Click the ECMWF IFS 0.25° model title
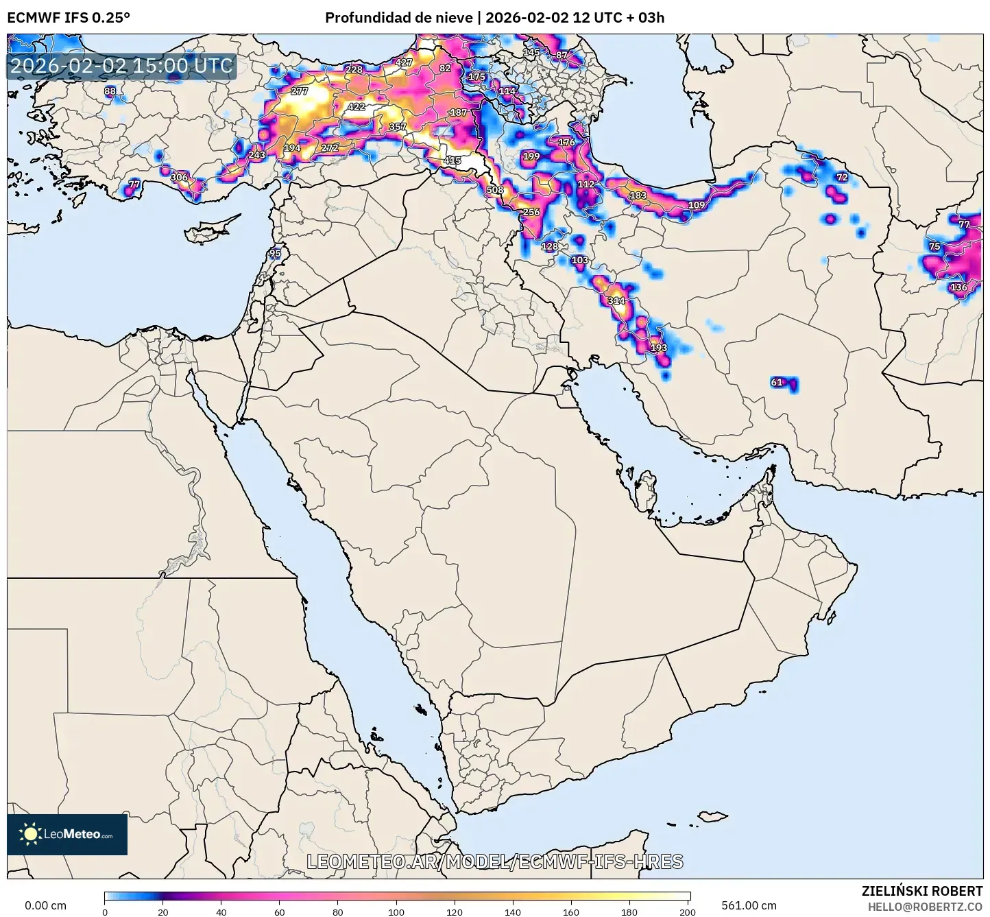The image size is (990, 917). coord(69,18)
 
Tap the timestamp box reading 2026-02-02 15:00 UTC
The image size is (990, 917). coord(121,66)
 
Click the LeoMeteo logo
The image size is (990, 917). coord(67,834)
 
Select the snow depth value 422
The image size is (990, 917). coord(357,107)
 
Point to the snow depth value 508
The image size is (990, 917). coord(494,190)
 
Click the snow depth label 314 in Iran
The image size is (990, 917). coord(616,301)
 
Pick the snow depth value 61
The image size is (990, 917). coord(777,383)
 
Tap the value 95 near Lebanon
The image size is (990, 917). coord(275,254)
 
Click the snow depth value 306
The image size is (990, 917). coord(179,178)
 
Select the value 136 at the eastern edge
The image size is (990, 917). coord(958,287)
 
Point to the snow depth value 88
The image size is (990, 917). coord(110,91)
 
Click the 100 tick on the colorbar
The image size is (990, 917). coord(396,912)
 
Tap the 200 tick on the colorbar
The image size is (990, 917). coord(688,912)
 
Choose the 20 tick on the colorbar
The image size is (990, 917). coord(162,912)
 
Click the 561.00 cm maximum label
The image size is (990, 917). coord(749,905)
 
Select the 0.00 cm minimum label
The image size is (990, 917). coord(45,905)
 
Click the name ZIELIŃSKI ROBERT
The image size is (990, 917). coord(922,891)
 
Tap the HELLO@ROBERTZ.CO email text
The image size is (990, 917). coord(925,907)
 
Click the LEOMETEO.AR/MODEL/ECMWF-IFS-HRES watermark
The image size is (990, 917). coord(494,861)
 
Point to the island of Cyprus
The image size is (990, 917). coord(209,232)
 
